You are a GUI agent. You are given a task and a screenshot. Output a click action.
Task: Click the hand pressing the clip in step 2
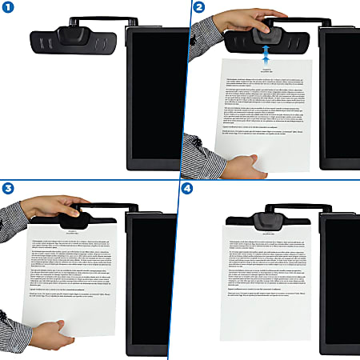[248, 20]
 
